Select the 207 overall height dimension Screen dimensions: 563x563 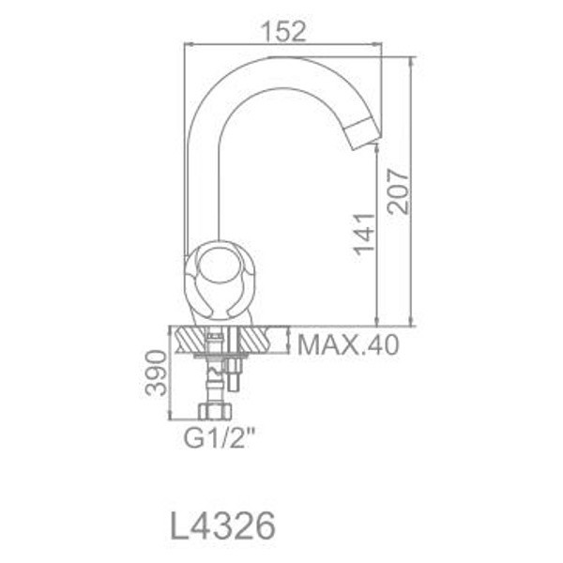point(400,191)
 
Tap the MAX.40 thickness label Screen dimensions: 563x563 point(348,345)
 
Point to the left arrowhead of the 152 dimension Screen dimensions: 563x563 point(187,43)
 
